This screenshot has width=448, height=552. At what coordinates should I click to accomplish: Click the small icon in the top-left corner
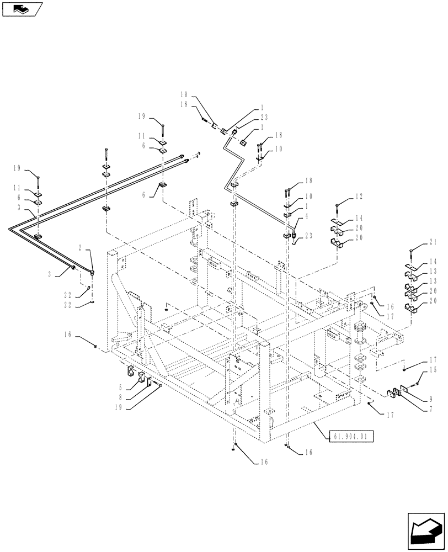(23, 9)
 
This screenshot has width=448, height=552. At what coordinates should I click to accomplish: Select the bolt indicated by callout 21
(411, 255)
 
